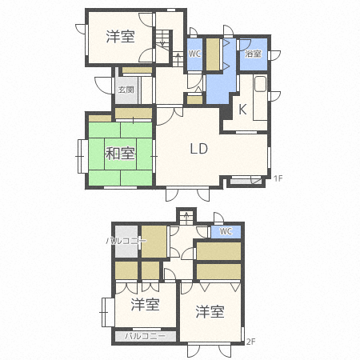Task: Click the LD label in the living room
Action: point(199,149)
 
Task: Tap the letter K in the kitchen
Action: point(242,109)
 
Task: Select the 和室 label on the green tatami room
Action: point(120,154)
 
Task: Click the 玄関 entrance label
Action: point(126,90)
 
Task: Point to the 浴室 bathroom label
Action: point(253,54)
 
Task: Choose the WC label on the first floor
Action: point(194,54)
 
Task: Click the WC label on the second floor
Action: point(226,231)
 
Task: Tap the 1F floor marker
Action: point(278,178)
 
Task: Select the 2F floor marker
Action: point(251,342)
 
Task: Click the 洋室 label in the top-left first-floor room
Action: point(121,37)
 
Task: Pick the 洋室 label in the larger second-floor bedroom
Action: point(210,312)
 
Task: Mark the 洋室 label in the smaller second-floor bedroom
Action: point(145,305)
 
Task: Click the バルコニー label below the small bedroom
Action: point(146,336)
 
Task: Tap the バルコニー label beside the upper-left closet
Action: point(126,241)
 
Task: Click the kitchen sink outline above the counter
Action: point(260,84)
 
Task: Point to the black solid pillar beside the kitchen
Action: point(226,112)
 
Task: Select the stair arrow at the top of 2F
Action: point(186,218)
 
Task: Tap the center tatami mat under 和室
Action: point(120,154)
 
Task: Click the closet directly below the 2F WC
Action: point(218,250)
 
